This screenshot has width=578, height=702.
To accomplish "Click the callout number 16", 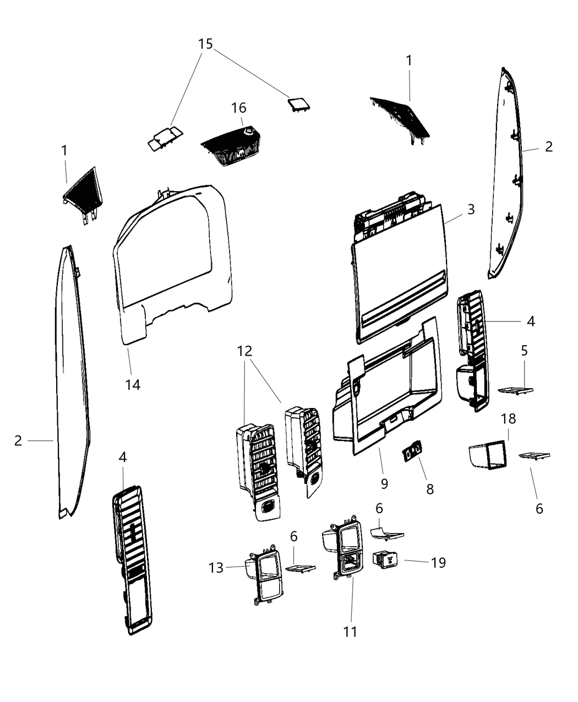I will pos(239,108).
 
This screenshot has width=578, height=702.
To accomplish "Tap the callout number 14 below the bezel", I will pos(133,384).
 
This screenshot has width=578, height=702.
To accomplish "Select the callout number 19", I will pos(438,563).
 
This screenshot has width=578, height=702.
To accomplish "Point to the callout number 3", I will pos(471,209).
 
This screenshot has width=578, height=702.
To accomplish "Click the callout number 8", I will pos(430,488).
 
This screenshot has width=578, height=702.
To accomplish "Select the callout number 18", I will pos(508,418).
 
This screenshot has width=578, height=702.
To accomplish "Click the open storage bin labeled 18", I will pos(487,455).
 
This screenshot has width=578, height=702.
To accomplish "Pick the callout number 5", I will pos(524,350).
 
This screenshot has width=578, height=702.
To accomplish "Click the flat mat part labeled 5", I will pos(515,390).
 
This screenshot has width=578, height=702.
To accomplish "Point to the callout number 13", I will pos(216,567).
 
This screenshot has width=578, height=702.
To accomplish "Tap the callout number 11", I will pos(350,632).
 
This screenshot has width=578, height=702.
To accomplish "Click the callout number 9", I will pos(384,483).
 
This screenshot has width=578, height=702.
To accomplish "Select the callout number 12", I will pos(245,350).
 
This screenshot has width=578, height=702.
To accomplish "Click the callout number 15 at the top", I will pos(205,43).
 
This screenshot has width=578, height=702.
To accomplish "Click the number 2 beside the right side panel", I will pos(548,146).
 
